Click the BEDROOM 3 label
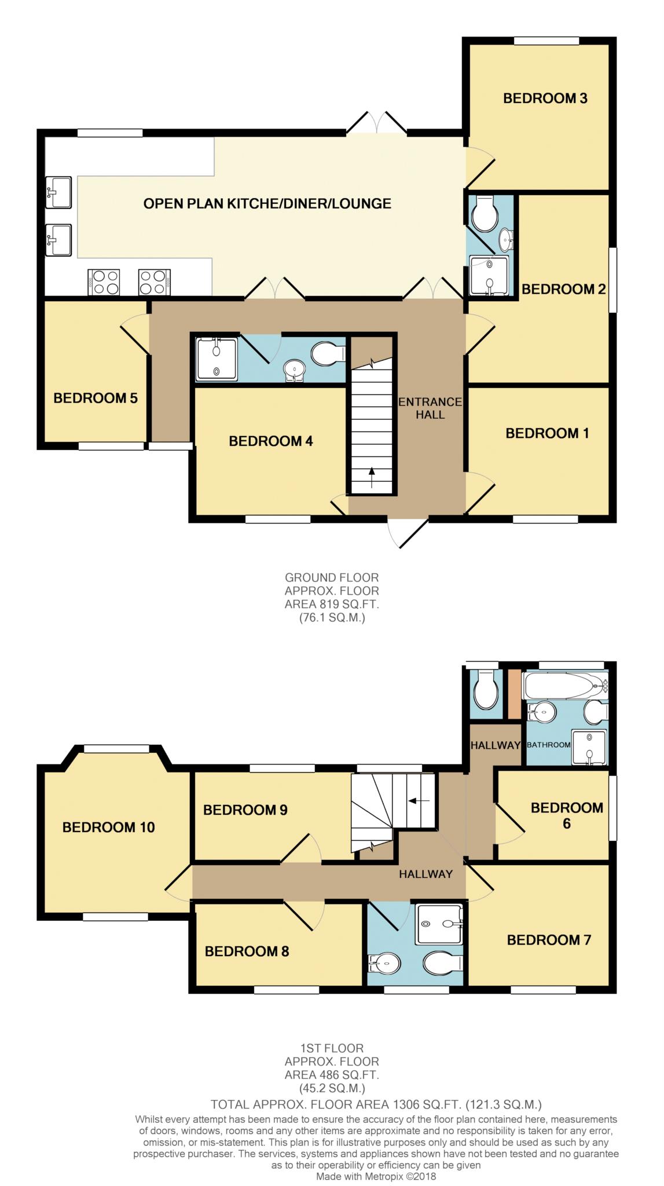pyautogui.click(x=545, y=98)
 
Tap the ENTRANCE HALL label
pyautogui.click(x=430, y=408)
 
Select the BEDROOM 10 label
pyautogui.click(x=108, y=828)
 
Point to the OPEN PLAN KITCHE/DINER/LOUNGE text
pyautogui.click(x=267, y=203)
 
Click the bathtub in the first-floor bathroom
pyautogui.click(x=565, y=686)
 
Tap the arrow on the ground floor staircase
pyautogui.click(x=371, y=477)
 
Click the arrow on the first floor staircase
pyautogui.click(x=419, y=801)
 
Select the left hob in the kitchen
pyautogui.click(x=104, y=282)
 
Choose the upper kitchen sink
pyautogui.click(x=58, y=192)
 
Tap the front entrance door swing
pyautogui.click(x=408, y=533)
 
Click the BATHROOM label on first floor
pyautogui.click(x=548, y=745)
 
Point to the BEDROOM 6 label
pyautogui.click(x=567, y=815)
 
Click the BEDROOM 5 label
pyautogui.click(x=96, y=398)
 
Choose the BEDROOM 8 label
pyautogui.click(x=247, y=951)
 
